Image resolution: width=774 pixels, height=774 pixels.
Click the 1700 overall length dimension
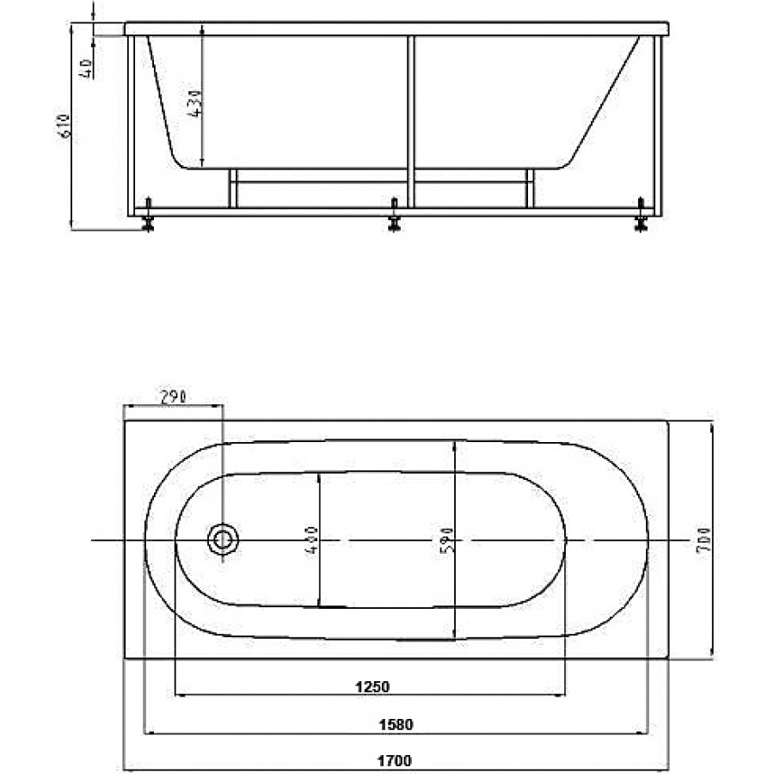click(x=396, y=761)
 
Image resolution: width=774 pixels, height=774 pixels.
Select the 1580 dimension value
click(x=396, y=725)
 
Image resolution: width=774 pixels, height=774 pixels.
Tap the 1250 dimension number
click(x=372, y=686)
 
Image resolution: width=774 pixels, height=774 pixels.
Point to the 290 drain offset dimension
click(x=173, y=396)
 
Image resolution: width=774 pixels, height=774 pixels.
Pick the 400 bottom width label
click(x=311, y=540)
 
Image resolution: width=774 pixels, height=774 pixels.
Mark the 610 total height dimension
click(x=65, y=126)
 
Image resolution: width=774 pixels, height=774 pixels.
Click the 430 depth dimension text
click(x=195, y=103)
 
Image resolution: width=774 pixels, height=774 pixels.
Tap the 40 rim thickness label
click(x=86, y=69)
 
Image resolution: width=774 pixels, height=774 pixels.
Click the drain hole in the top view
click(x=223, y=540)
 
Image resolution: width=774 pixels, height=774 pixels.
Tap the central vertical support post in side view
click(x=411, y=121)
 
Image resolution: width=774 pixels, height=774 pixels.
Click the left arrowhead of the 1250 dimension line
click(x=181, y=696)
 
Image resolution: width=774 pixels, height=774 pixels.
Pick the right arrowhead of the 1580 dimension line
click(x=642, y=734)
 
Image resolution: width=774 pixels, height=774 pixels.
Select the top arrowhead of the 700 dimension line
click(x=712, y=427)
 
